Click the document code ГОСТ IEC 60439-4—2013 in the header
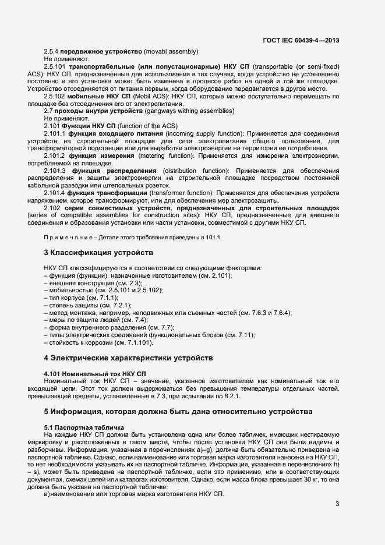[301, 41]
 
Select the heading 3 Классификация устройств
[98, 253]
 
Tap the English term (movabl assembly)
[167, 51]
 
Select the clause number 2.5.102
[56, 96]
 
